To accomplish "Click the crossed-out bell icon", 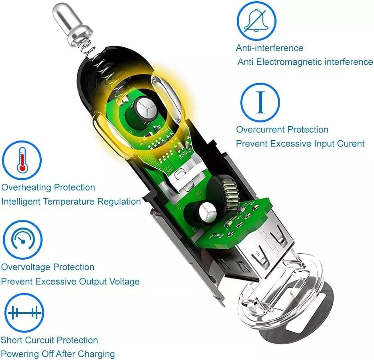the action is click(x=256, y=21).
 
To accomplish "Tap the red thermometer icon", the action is click(x=22, y=160).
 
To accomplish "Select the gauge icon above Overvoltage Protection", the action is click(x=22, y=240).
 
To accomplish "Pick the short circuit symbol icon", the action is click(x=24, y=313).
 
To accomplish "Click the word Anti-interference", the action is click(x=270, y=48).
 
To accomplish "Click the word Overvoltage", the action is click(x=26, y=267).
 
